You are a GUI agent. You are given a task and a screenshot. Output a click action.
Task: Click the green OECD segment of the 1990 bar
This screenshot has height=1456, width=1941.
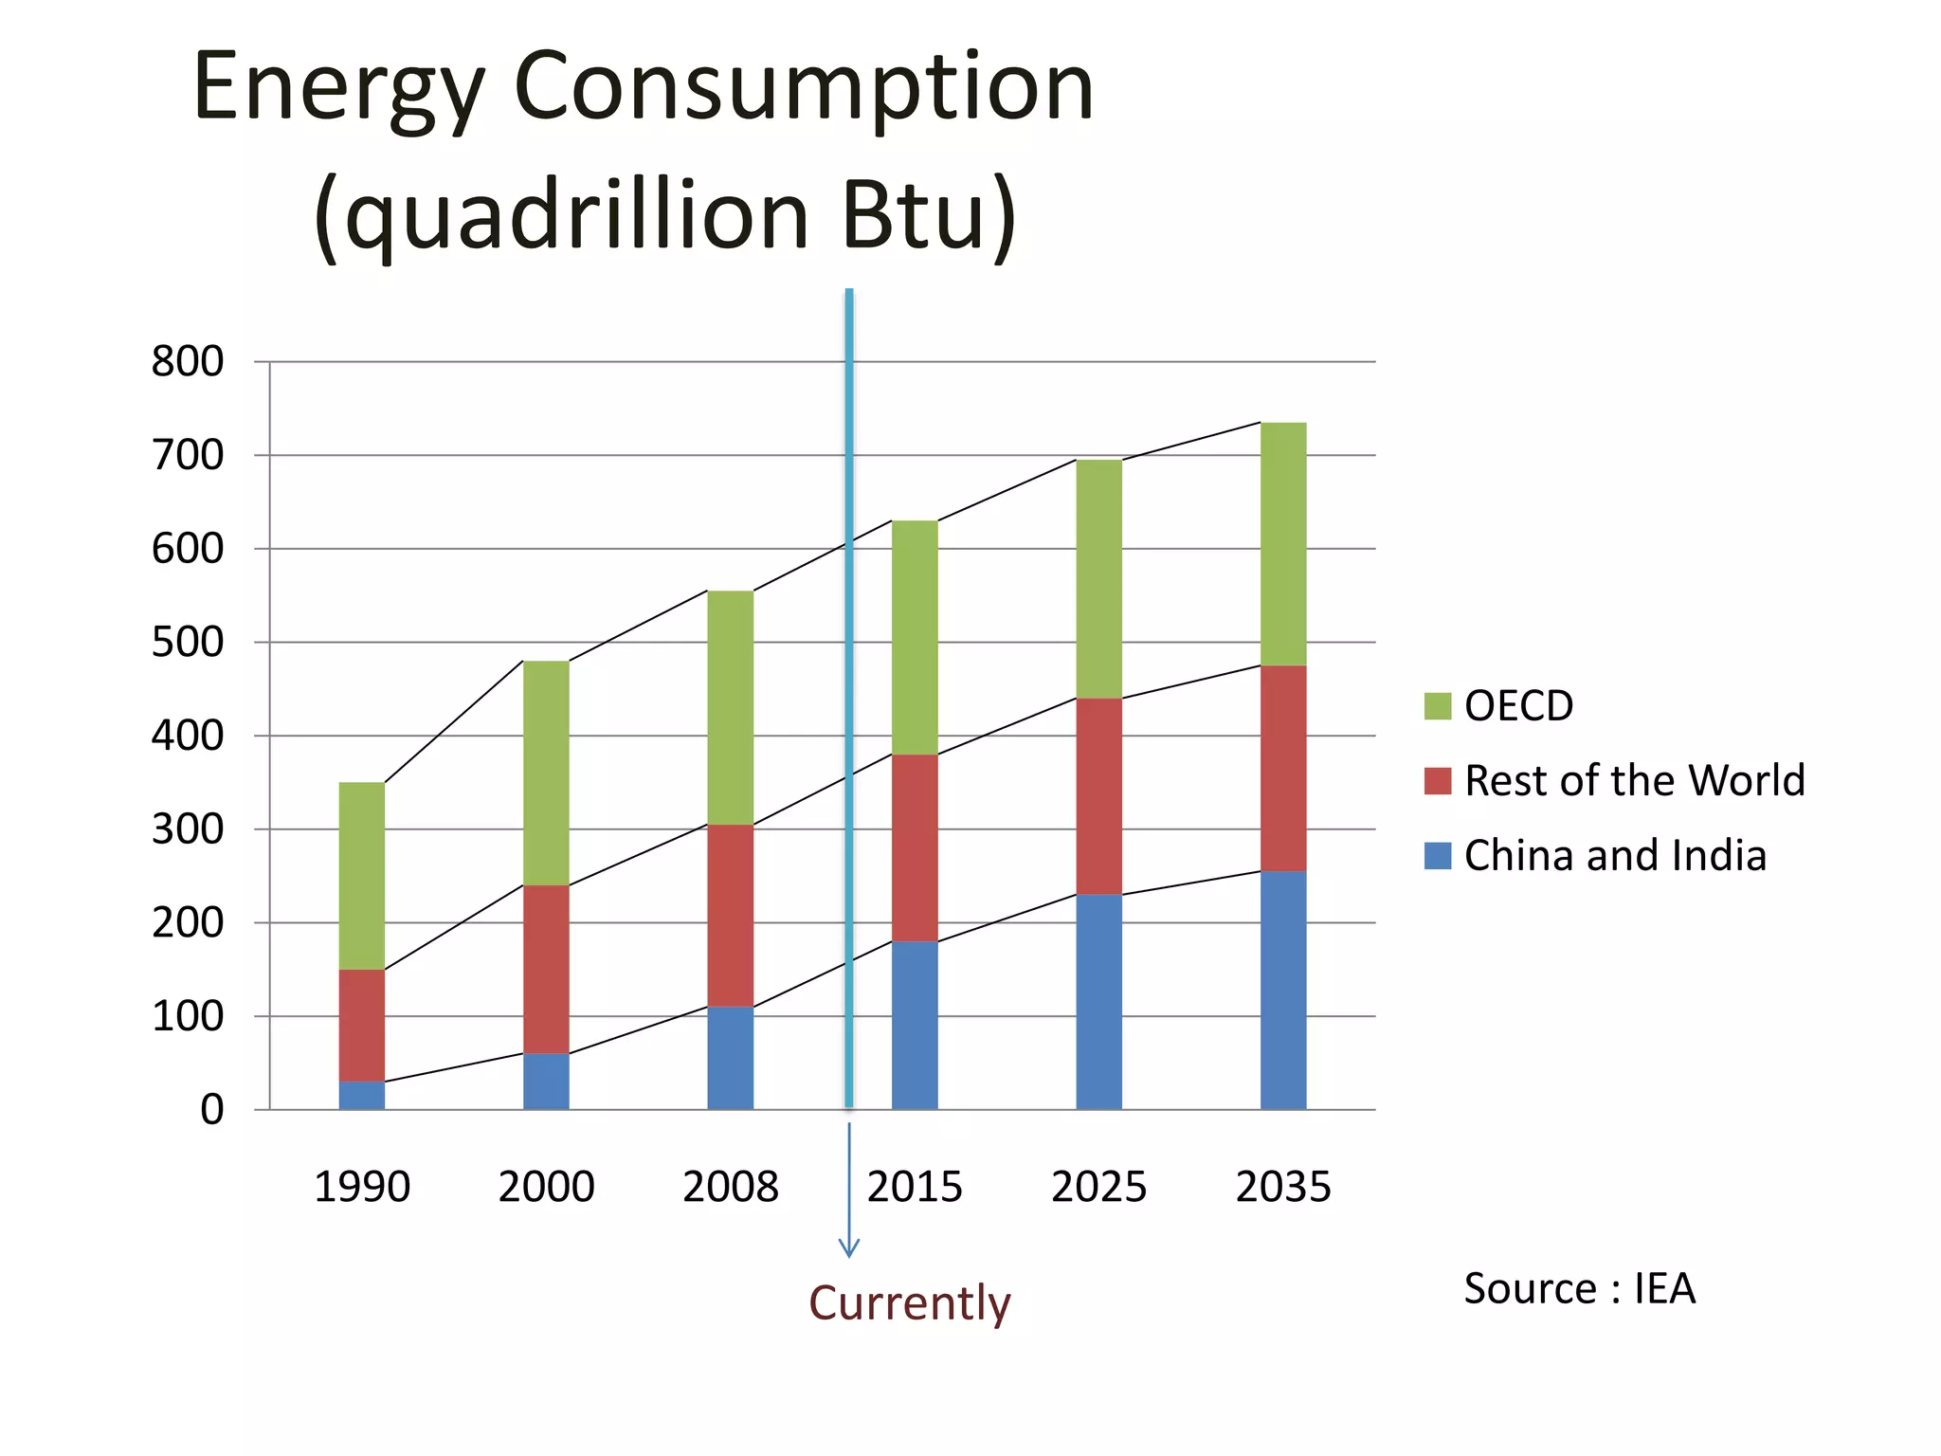(362, 875)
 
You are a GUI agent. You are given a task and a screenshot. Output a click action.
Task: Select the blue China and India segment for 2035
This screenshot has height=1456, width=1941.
(1283, 990)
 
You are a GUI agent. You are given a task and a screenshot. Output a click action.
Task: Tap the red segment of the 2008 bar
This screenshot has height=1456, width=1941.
(731, 915)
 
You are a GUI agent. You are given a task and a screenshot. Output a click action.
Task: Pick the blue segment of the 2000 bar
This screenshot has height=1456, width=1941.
(546, 1082)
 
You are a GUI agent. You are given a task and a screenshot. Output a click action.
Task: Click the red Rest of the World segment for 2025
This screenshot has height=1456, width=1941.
(1099, 796)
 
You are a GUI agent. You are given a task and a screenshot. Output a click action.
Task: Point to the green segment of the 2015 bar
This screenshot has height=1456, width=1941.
(915, 637)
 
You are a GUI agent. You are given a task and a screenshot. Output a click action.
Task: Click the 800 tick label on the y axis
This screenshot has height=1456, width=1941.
(188, 361)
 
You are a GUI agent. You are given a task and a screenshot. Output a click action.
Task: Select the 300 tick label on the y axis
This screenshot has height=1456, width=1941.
(188, 829)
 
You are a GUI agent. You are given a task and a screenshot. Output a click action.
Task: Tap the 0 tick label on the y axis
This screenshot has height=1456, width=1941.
(212, 1109)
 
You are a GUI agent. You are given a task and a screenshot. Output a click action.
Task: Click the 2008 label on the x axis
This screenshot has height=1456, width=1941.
(731, 1187)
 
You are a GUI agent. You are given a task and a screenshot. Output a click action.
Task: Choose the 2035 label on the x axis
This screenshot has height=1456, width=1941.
(1283, 1187)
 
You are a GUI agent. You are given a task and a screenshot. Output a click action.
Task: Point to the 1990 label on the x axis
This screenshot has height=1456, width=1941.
(362, 1187)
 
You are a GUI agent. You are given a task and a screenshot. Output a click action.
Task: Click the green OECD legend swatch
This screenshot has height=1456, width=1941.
(1437, 706)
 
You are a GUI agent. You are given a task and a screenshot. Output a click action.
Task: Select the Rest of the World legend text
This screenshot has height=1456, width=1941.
(1634, 781)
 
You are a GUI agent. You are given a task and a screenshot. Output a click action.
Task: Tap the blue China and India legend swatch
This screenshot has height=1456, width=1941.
(1437, 856)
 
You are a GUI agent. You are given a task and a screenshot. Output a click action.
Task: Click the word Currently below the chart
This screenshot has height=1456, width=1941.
(910, 1302)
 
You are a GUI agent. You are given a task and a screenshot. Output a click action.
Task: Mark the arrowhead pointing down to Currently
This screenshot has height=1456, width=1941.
(849, 1249)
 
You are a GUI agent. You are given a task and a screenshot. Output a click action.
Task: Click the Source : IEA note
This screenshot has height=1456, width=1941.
(1579, 1289)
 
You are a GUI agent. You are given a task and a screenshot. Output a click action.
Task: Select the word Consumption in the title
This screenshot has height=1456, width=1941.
(804, 87)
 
